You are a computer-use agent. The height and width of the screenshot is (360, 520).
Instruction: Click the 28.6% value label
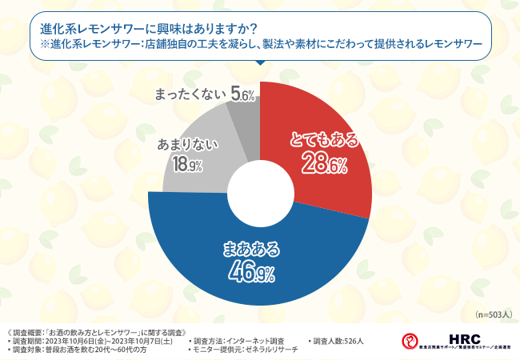click(x=324, y=166)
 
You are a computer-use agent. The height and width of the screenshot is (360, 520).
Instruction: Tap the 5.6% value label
click(x=242, y=95)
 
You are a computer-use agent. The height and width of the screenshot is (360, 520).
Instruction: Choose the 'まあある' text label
click(x=251, y=250)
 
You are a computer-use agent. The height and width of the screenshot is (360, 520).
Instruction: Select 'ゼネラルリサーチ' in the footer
click(x=270, y=350)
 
